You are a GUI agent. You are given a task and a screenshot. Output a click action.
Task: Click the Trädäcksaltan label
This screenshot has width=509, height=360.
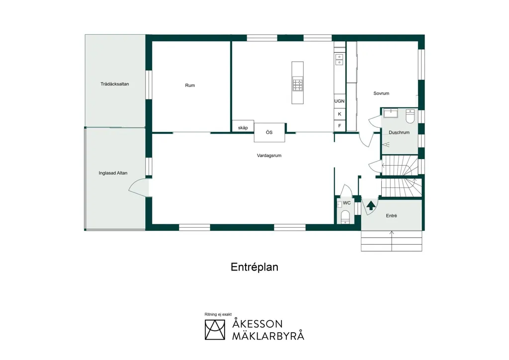(x=115, y=84)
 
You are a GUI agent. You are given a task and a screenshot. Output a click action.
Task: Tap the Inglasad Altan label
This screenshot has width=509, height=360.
(x=113, y=173)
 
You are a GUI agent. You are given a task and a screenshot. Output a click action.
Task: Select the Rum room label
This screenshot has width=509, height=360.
(x=190, y=86)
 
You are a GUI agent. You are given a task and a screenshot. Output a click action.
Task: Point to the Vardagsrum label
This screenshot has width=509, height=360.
(x=269, y=156)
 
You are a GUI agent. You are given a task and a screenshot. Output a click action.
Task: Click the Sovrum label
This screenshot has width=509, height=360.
(x=381, y=93)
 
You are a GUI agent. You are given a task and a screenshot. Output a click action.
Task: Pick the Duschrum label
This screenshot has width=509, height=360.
(x=399, y=132)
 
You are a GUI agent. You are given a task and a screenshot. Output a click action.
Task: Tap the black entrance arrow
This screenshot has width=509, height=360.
(x=371, y=205)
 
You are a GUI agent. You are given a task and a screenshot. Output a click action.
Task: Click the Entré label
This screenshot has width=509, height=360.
(x=391, y=215)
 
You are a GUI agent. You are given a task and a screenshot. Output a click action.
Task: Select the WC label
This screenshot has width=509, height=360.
(x=346, y=203)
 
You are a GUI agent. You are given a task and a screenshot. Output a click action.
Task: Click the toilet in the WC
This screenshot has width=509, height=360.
(x=345, y=217)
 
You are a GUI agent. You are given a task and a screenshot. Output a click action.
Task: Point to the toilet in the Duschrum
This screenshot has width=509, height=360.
(x=410, y=116)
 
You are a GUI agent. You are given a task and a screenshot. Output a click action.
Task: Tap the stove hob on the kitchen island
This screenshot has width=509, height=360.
(x=297, y=85)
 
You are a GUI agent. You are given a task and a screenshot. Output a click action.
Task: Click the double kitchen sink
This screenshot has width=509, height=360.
(x=339, y=59)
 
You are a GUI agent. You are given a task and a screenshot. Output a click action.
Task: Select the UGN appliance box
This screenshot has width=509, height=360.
(x=339, y=101)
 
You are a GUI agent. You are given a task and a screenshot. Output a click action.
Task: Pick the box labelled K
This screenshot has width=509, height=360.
(x=339, y=114)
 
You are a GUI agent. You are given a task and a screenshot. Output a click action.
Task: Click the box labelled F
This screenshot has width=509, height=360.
(x=339, y=126)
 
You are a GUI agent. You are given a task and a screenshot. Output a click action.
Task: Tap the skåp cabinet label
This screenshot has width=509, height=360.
(x=243, y=128)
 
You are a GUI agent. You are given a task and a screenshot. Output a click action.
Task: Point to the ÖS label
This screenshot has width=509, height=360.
(x=269, y=132)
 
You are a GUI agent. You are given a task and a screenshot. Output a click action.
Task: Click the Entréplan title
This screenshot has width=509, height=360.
(x=254, y=267)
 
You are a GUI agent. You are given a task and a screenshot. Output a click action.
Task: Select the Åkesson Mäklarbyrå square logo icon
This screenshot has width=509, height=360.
(x=215, y=330)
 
